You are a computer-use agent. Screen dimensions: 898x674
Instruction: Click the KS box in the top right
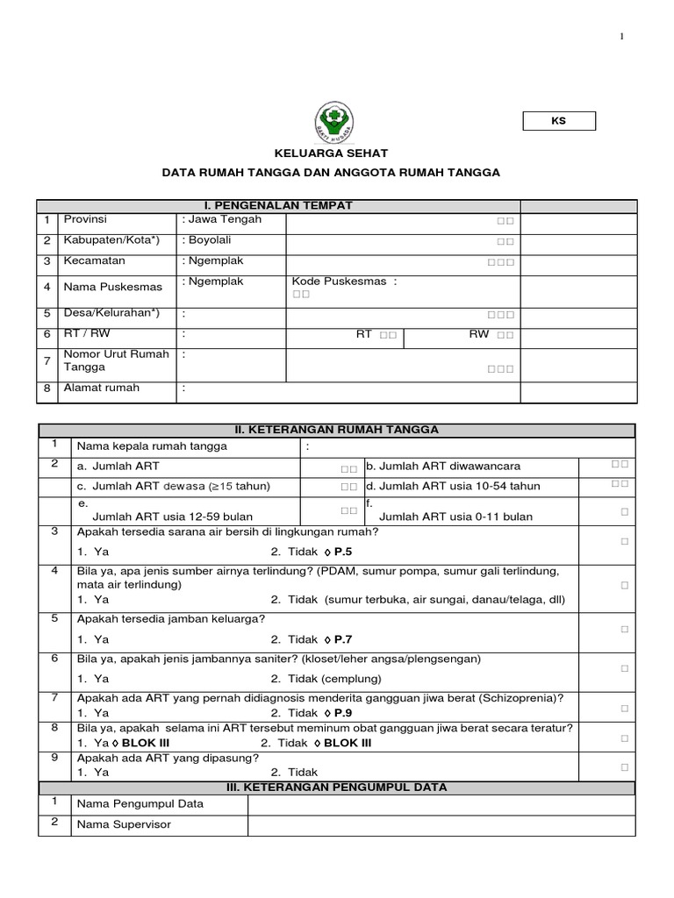click(x=559, y=121)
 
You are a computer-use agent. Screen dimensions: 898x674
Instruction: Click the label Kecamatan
click(x=94, y=261)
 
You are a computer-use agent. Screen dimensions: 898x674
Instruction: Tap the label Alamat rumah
click(x=101, y=388)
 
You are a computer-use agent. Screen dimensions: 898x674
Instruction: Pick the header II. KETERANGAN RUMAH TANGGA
click(x=336, y=430)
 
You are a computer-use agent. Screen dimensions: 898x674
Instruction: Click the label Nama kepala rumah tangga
click(x=152, y=446)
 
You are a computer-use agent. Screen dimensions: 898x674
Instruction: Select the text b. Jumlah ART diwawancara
click(x=440, y=466)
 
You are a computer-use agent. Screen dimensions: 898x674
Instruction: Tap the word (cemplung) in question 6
click(x=351, y=679)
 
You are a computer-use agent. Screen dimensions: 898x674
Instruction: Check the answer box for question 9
click(x=624, y=766)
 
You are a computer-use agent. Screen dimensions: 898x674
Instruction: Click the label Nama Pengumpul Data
click(x=140, y=803)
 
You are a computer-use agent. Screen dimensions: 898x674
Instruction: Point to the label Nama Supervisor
click(x=124, y=824)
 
